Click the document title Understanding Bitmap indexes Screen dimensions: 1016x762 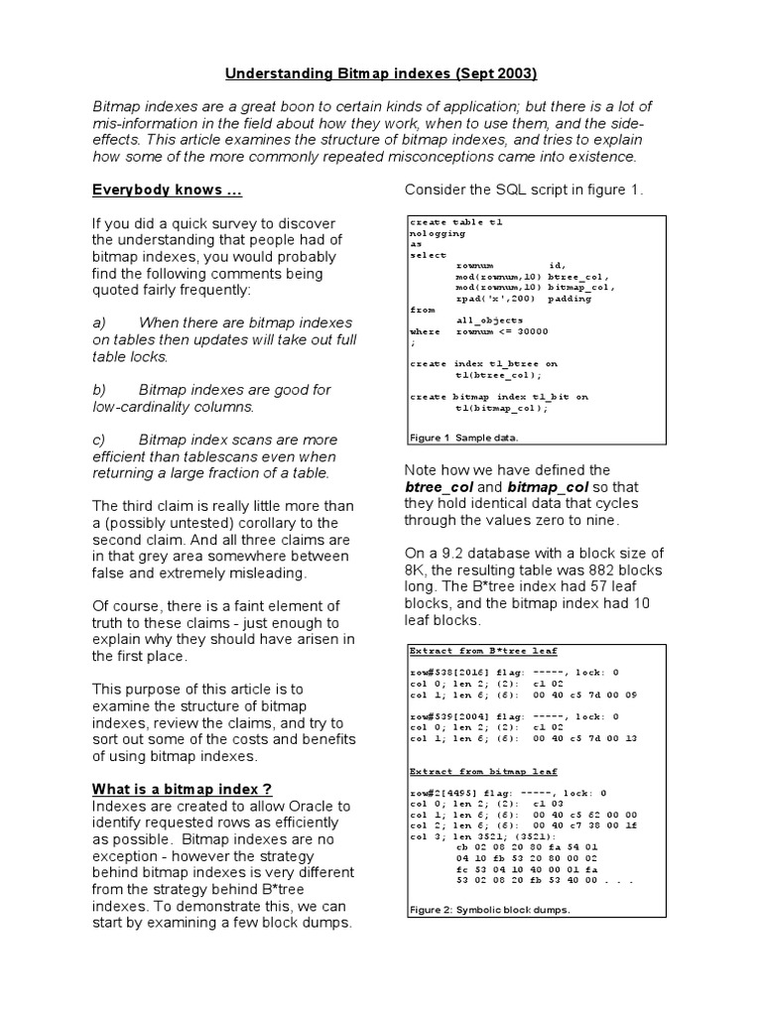(x=381, y=72)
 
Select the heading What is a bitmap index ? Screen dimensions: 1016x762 (x=183, y=788)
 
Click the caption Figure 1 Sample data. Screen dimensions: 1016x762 (x=463, y=437)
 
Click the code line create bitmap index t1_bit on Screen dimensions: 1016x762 (x=498, y=396)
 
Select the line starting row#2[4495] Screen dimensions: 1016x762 (x=507, y=793)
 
